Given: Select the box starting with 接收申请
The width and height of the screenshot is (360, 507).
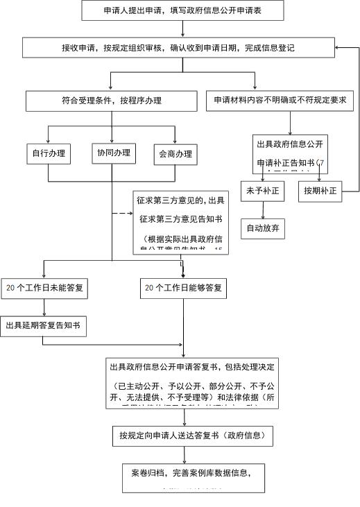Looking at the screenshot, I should [x=178, y=48].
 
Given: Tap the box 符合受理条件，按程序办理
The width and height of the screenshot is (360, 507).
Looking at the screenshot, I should [x=111, y=101].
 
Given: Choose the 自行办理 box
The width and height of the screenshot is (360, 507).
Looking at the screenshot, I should [x=48, y=153].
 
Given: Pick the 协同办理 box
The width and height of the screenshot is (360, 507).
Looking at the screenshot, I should [x=114, y=153].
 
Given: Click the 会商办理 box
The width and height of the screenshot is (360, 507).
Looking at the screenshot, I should [x=175, y=154].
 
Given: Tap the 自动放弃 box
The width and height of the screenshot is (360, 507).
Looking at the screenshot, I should [x=262, y=227].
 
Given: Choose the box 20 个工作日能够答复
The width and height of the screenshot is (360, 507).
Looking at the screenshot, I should [x=183, y=287].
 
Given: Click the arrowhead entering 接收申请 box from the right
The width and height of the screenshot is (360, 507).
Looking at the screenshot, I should [x=337, y=48].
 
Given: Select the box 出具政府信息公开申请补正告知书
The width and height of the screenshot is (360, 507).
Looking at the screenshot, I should [x=290, y=153].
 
